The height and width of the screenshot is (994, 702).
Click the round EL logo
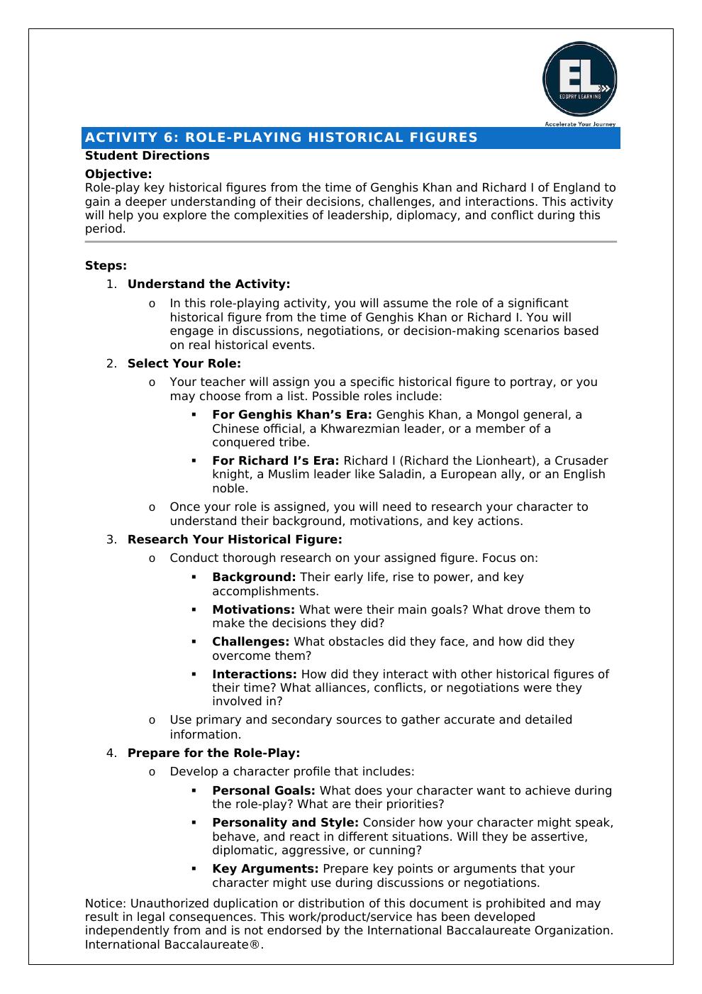[x=579, y=79]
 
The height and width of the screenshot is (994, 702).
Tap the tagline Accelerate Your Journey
[x=579, y=124]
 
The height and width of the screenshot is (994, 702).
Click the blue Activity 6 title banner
[x=351, y=138]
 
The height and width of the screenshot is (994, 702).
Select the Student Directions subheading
[x=147, y=155]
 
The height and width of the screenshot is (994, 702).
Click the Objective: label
[x=118, y=174]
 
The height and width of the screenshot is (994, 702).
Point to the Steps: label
[x=106, y=265]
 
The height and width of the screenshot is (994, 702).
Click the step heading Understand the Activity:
[x=208, y=284]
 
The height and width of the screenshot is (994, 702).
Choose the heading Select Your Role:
[x=184, y=363]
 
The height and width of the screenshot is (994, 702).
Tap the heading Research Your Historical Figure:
[x=234, y=539]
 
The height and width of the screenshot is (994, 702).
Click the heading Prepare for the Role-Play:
[x=213, y=753]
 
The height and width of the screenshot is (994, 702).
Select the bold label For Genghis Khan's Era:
[x=291, y=414]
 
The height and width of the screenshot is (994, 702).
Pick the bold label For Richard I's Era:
[x=275, y=460]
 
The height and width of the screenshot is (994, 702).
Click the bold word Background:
[x=254, y=577]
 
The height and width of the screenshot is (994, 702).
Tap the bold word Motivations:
[x=253, y=609]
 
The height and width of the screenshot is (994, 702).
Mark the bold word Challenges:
[x=250, y=641]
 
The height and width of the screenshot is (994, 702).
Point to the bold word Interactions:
[x=254, y=674]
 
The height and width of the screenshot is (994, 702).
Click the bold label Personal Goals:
[x=263, y=790]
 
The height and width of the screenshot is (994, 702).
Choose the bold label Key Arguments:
[x=264, y=868]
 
